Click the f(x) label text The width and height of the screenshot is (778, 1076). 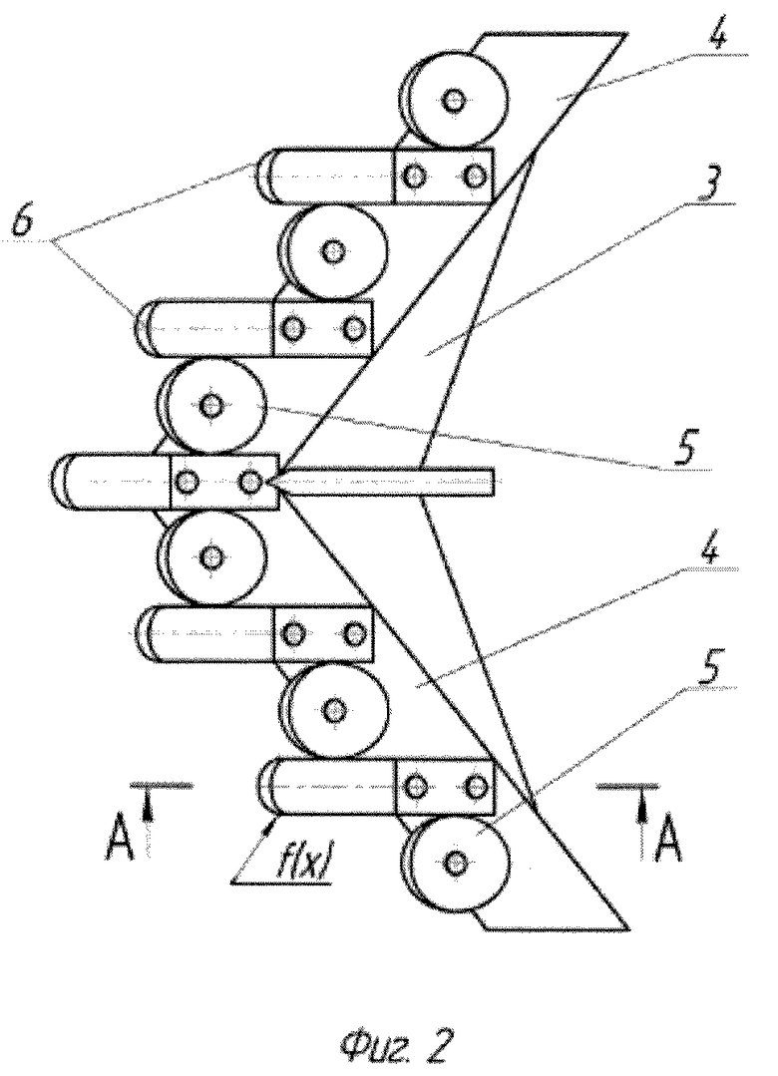click(304, 863)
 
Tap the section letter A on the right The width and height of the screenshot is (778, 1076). click(668, 840)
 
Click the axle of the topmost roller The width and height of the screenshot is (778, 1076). click(453, 101)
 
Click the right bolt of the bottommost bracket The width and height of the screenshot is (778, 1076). click(475, 787)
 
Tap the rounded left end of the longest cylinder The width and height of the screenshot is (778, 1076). click(60, 481)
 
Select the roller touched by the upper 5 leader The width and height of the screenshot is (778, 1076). click(211, 407)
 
